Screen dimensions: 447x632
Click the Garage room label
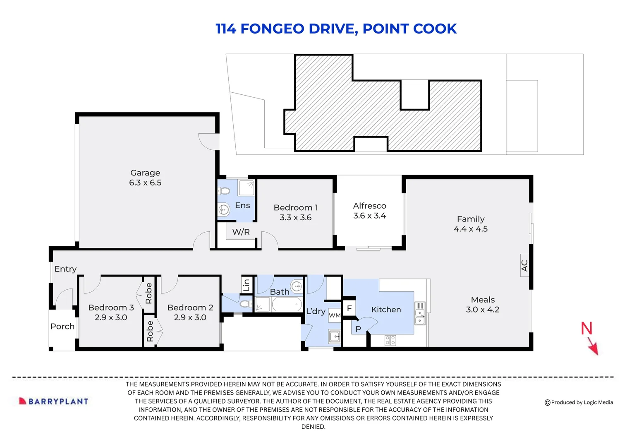click(145, 173)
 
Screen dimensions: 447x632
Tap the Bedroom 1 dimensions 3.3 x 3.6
click(295, 218)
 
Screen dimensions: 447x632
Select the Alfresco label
click(369, 206)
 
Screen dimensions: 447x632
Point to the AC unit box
click(524, 265)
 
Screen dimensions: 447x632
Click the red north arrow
click(592, 344)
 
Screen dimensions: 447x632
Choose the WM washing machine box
click(335, 315)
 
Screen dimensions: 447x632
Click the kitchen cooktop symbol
click(390, 340)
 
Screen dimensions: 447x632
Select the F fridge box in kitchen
click(350, 308)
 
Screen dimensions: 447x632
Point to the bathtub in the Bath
click(287, 305)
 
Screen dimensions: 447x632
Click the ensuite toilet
click(224, 191)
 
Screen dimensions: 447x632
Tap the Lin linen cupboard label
click(247, 285)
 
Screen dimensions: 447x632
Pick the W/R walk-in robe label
click(241, 232)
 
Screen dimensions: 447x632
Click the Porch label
click(62, 327)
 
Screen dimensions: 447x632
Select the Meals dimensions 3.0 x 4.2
click(482, 310)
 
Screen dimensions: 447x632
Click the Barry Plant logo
click(54, 401)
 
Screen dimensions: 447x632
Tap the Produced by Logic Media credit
click(579, 402)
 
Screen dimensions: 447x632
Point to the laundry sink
click(334, 336)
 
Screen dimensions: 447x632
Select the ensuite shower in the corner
click(247, 188)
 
